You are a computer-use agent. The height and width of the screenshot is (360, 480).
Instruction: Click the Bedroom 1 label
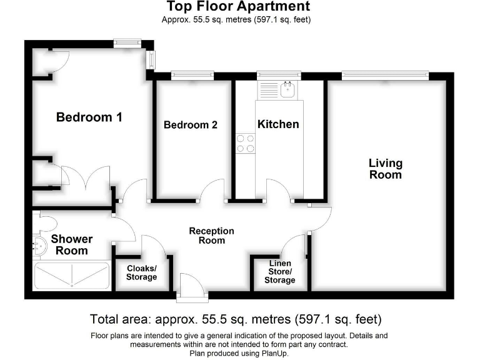point(89,117)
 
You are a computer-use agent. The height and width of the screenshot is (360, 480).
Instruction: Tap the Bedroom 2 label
point(190,124)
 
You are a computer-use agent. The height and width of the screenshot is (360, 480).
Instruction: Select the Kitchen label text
point(278,124)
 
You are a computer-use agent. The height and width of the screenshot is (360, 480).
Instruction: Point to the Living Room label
point(385,169)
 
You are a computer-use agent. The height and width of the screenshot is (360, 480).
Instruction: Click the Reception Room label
point(211,236)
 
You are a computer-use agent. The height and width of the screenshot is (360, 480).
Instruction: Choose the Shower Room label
point(71,244)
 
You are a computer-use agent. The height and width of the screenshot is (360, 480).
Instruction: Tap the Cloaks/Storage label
point(142,272)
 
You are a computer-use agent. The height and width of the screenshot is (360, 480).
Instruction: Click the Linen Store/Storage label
point(279,272)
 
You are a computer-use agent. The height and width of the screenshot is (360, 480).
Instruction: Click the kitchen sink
point(288,90)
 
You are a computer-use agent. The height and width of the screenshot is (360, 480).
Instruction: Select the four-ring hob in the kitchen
point(245,143)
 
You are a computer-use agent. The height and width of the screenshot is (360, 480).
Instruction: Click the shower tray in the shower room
point(72,275)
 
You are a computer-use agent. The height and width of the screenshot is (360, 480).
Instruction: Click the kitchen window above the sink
point(278,76)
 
